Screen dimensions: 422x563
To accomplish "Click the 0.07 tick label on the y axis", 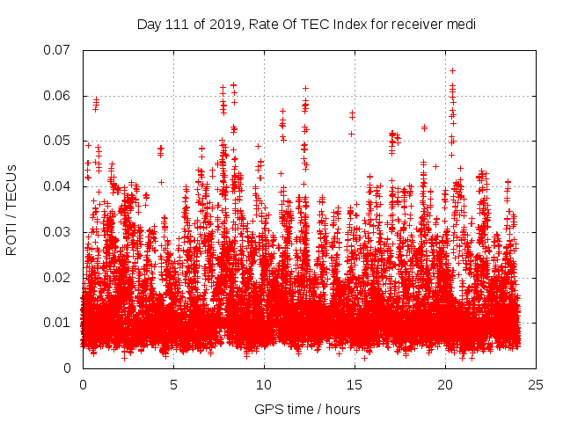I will pos(57,50).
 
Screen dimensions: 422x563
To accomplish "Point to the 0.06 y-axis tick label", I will pos(57,96).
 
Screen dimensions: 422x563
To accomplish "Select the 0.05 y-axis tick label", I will pos(57,141).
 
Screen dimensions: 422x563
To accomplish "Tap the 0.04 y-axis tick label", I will pos(57,186).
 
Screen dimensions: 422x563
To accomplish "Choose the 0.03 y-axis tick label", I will pos(57,232).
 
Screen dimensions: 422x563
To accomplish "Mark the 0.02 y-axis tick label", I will pos(57,277).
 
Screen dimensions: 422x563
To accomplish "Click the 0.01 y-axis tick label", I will pos(57,323).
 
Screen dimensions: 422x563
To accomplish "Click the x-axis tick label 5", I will pos(173,385).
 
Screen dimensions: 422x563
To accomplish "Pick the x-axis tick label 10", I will pos(264,385).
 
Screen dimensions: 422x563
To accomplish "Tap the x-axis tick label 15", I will pos(355,385).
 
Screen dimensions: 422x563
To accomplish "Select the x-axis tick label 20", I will pos(445,385).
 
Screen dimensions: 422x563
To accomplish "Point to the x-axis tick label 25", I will pos(536,385).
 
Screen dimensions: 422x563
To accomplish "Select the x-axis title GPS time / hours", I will pos(307,409).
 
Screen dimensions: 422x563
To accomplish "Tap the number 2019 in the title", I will pos(223,24).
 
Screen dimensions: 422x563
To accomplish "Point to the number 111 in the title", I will pos(178,24).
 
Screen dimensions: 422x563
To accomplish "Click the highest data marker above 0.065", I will pos(452,70).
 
